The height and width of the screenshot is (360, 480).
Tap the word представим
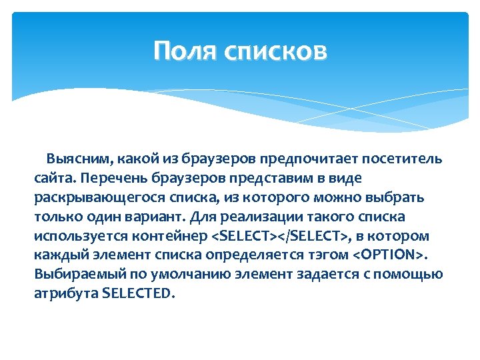coord(260,179)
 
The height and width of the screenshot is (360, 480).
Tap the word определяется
coord(247,256)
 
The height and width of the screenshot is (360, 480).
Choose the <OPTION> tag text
coord(389,256)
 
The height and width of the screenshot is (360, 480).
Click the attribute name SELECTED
coord(138,295)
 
